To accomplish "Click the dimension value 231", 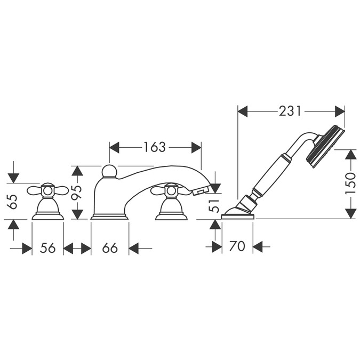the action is coord(290,111).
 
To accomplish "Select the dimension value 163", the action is coord(154,147).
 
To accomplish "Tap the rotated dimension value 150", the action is coord(350,183).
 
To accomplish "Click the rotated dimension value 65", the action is coord(13,202).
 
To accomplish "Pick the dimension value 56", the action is coord(48,248).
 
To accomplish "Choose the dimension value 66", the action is coord(110,248).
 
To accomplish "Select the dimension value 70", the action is coord(237,246).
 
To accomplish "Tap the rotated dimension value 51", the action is coord(214,206).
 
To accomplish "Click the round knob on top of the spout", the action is coord(109,171).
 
